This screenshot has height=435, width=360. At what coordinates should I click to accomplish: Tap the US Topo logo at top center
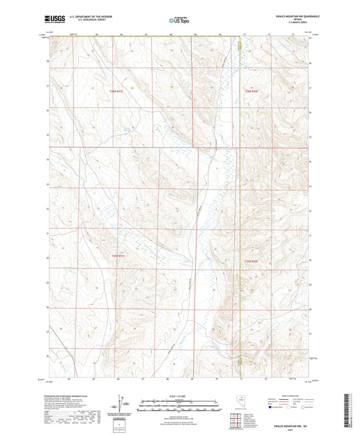(x=179, y=20)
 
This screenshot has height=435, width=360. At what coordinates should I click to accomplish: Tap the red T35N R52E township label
(x=251, y=91)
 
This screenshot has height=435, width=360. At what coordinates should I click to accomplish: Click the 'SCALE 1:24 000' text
(x=179, y=396)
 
